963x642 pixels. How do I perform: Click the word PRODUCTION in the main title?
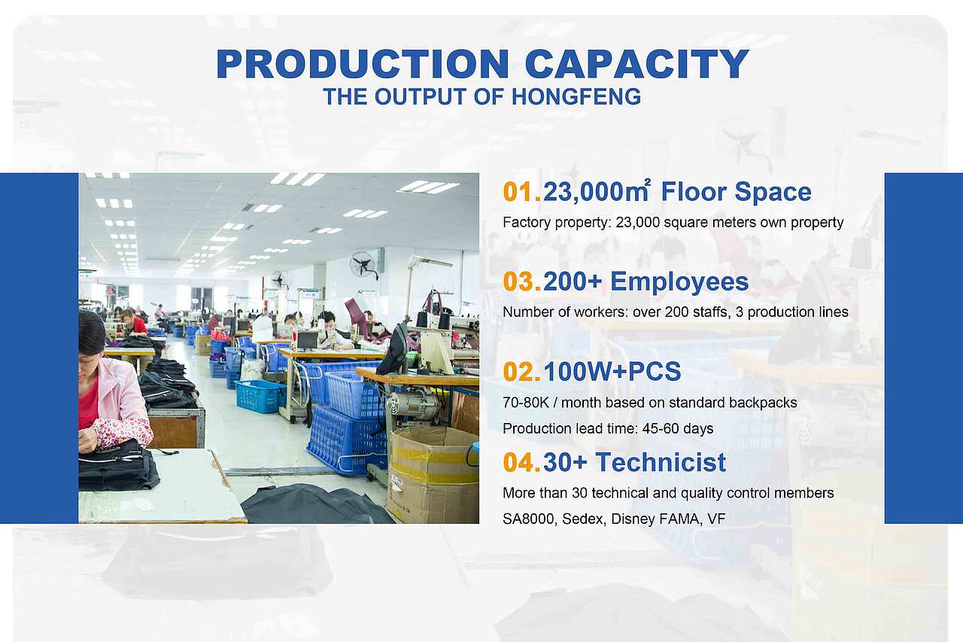[363, 64]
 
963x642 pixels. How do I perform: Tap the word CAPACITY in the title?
[637, 64]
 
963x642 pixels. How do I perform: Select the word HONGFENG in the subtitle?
[576, 96]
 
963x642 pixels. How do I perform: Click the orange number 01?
[522, 192]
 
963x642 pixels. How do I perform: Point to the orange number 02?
[522, 372]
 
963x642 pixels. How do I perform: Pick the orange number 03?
[522, 281]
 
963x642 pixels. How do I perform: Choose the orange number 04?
[522, 462]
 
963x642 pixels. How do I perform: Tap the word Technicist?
[661, 462]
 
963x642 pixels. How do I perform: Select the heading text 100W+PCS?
[612, 372]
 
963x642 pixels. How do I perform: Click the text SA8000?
[530, 519]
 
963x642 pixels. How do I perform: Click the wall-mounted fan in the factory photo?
[363, 264]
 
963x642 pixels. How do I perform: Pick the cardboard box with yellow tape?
[433, 473]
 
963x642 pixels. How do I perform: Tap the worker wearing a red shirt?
[133, 322]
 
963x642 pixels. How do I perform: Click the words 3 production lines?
[792, 312]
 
